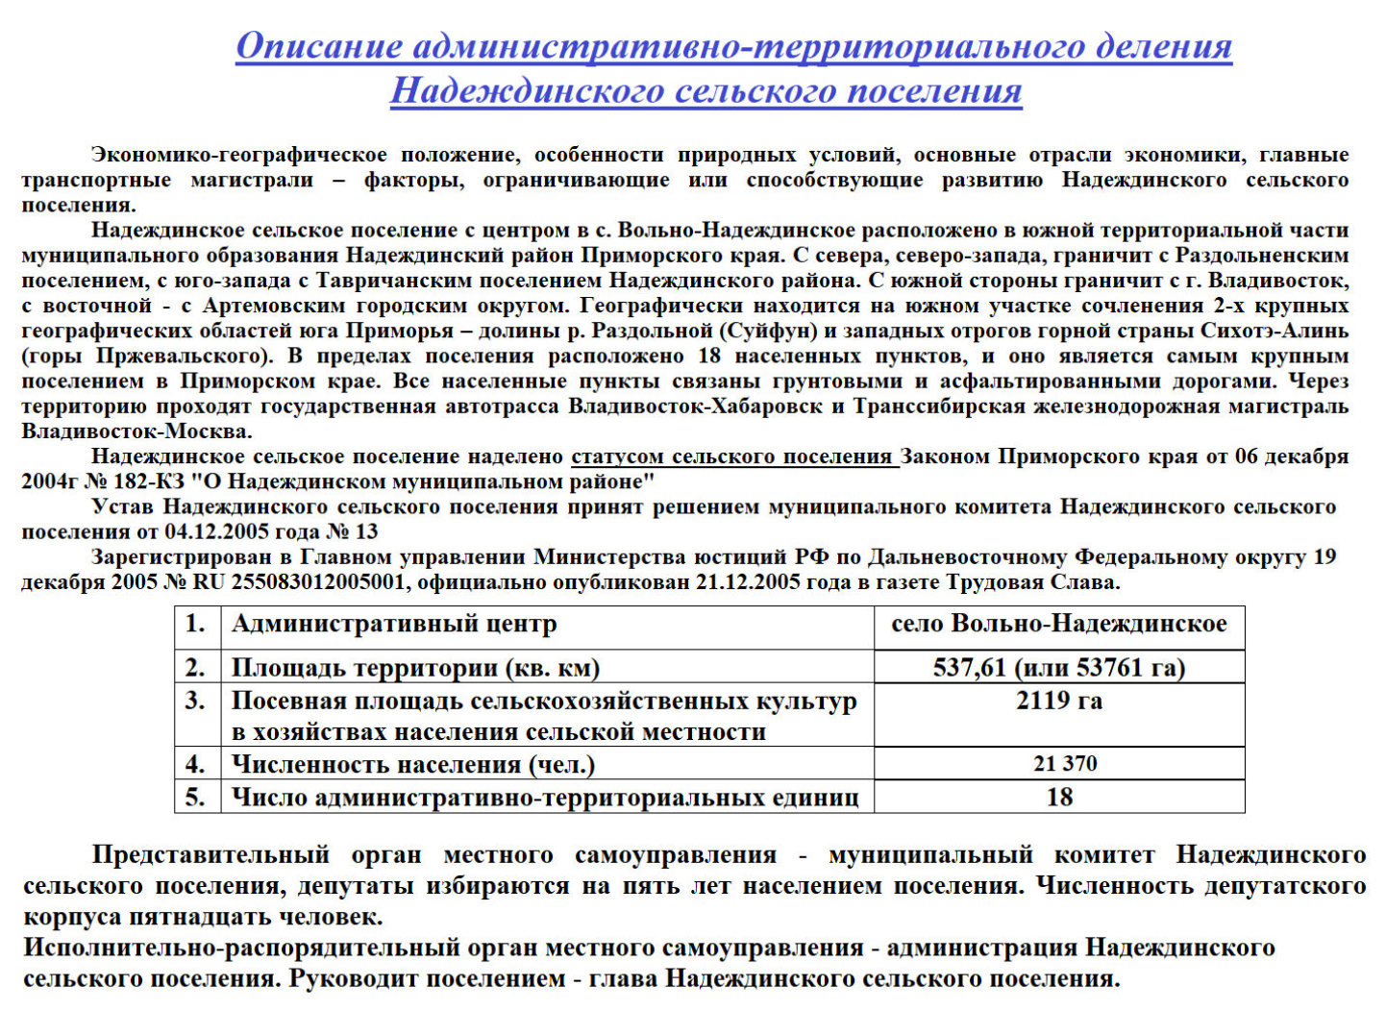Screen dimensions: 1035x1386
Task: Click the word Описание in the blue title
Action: pyautogui.click(x=317, y=46)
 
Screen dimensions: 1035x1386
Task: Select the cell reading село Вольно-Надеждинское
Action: pyautogui.click(x=1058, y=625)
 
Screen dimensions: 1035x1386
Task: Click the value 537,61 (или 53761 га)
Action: pyautogui.click(x=1058, y=668)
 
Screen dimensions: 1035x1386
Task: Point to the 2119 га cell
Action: pyautogui.click(x=1058, y=701)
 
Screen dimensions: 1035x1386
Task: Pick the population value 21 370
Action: pyautogui.click(x=1065, y=764)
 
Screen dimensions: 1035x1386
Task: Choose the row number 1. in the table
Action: pyautogui.click(x=196, y=625)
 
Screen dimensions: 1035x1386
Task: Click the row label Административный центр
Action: pyautogui.click(x=394, y=625)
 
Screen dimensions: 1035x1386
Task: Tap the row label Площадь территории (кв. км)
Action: pyautogui.click(x=415, y=668)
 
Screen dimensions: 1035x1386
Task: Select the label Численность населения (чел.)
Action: pyautogui.click(x=413, y=765)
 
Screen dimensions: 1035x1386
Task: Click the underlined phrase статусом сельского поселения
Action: pyautogui.click(x=731, y=456)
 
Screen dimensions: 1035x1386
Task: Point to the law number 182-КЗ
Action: pyautogui.click(x=149, y=481)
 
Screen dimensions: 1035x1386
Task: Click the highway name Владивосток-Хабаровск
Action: pyautogui.click(x=695, y=407)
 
